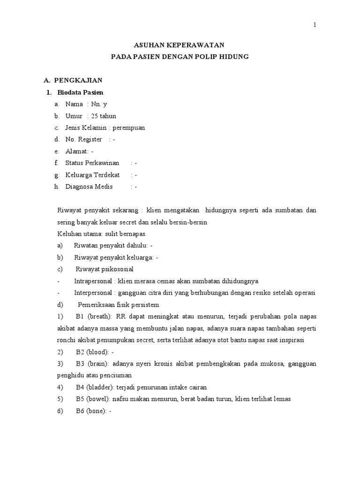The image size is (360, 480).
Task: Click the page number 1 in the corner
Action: [x=315, y=25]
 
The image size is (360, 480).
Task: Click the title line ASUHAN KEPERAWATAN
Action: [x=180, y=45]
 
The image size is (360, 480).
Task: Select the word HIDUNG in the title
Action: [x=233, y=57]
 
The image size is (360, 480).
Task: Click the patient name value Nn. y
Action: [x=99, y=104]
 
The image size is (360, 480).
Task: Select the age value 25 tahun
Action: [x=104, y=116]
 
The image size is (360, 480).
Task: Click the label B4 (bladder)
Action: [x=94, y=388]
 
